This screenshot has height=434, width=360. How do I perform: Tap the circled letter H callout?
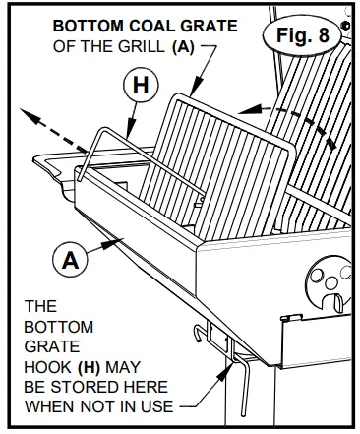[140, 87]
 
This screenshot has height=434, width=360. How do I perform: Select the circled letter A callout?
[69, 262]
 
